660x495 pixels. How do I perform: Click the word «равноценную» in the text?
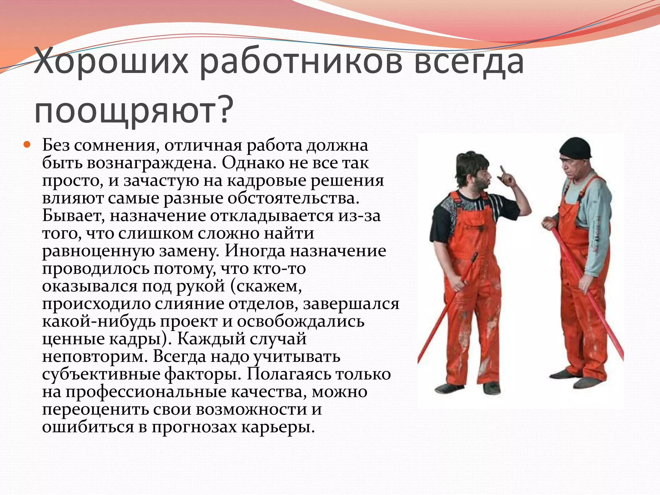click(x=99, y=251)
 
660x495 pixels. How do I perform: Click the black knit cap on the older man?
click(x=576, y=149)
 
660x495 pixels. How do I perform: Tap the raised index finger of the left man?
click(x=502, y=170)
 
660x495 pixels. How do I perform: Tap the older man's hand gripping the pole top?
click(x=548, y=223)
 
